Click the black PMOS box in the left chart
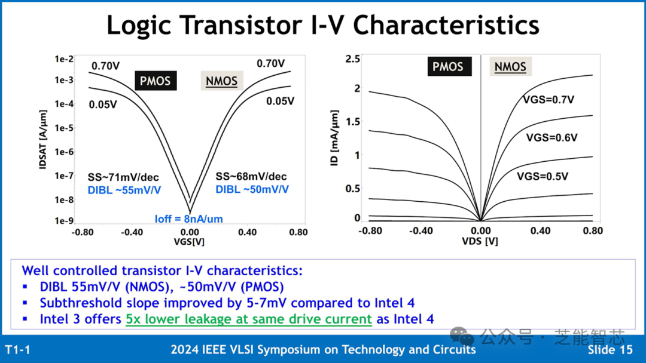(156, 81)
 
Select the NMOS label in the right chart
(510, 67)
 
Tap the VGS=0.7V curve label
(549, 100)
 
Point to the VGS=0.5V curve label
(543, 176)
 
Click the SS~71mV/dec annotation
(123, 177)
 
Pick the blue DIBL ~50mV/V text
(252, 189)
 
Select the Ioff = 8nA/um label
(188, 219)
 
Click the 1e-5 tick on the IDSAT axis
(64, 128)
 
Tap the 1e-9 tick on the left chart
(64, 221)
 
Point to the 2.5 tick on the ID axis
(353, 59)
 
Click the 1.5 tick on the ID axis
(353, 122)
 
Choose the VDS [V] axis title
(480, 241)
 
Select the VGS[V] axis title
(189, 241)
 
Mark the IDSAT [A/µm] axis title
(43, 139)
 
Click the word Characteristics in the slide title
(446, 24)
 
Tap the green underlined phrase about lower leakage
(249, 319)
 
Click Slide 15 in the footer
(610, 349)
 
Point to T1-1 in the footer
(18, 350)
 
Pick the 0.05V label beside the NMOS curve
(280, 101)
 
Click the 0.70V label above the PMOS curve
(105, 66)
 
